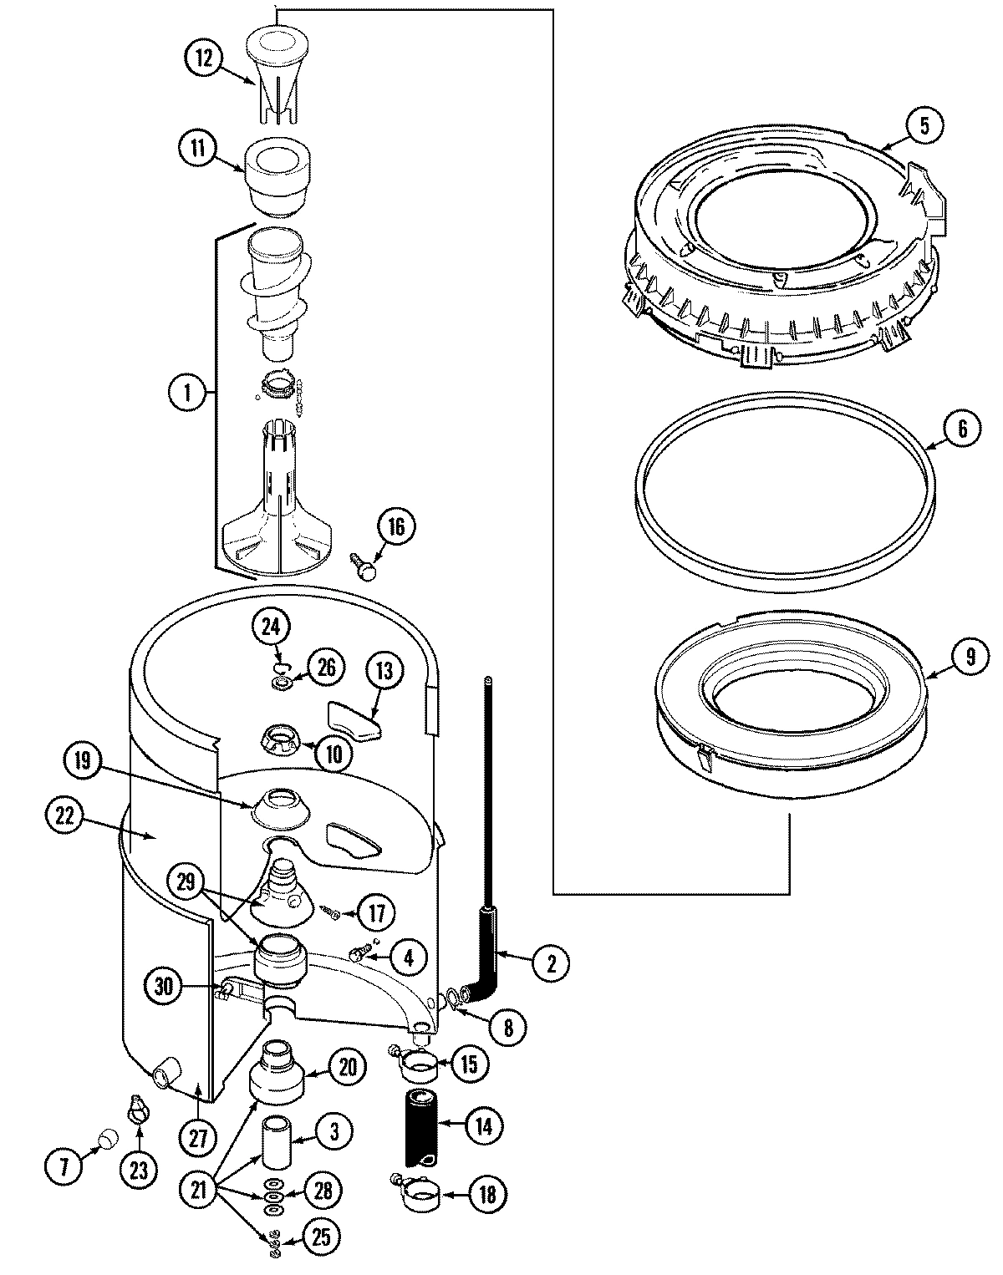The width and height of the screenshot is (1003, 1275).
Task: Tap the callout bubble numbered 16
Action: [395, 526]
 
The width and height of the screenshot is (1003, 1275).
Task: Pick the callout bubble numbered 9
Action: [970, 656]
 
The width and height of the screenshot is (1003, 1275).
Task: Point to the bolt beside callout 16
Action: [364, 568]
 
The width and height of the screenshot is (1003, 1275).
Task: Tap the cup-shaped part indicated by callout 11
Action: [277, 174]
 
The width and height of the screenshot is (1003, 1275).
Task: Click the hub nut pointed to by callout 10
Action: [284, 738]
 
